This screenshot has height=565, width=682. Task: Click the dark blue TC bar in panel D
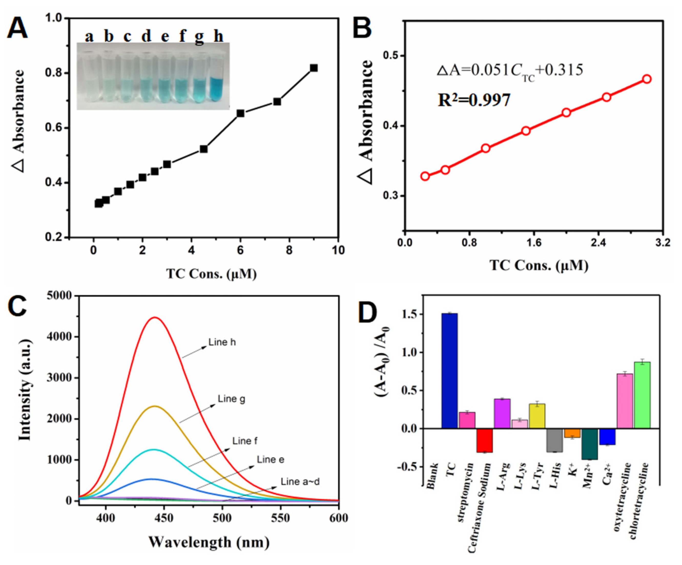[x=449, y=371]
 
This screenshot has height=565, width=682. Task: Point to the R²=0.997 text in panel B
[x=474, y=100]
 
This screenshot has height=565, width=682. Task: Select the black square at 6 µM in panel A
[x=240, y=113]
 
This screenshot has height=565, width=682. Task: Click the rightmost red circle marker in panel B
[x=647, y=79]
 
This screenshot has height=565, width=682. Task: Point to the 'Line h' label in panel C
[x=222, y=342]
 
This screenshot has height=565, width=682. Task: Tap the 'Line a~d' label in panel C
[x=300, y=481]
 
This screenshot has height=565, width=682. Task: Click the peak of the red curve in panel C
[x=155, y=317]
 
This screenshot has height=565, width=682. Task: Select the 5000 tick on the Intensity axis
[x=59, y=296]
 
